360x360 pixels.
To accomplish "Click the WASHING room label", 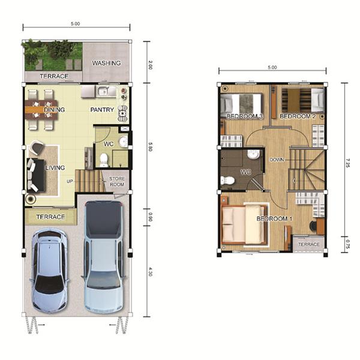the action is [106, 63].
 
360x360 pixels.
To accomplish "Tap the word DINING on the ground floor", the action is [55, 110].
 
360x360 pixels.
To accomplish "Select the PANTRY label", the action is [102, 110].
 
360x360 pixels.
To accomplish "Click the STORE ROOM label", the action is [117, 181].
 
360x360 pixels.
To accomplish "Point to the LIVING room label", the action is [55, 168].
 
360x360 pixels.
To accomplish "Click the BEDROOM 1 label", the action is [274, 218].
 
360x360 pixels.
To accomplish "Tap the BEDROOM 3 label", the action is [245, 116].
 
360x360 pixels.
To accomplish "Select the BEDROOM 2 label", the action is [298, 116].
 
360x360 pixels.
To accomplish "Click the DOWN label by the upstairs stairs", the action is [277, 160].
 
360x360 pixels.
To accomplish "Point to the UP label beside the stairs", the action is [70, 181].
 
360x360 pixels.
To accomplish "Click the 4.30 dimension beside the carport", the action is [151, 272].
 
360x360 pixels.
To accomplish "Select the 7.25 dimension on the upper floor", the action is [347, 163].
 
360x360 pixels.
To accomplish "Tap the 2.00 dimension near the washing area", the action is [151, 65].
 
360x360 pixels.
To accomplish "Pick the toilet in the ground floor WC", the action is [104, 160].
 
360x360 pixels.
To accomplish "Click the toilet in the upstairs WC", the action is [227, 181].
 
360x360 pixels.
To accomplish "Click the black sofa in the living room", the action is [36, 175].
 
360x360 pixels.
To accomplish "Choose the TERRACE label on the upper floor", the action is [309, 244].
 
